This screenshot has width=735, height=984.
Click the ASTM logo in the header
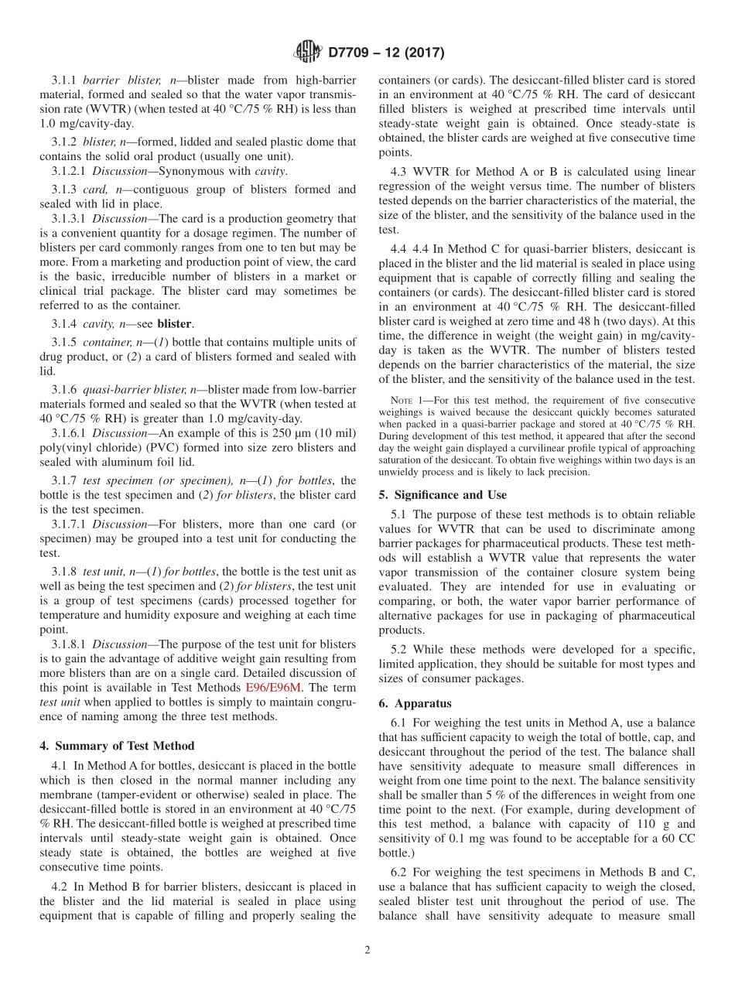[x=308, y=53]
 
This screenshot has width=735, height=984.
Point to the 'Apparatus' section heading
[x=423, y=703]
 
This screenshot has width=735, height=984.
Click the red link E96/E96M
[x=273, y=686]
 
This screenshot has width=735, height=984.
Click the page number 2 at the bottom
[x=367, y=950]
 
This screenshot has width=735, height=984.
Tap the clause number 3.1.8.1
[x=69, y=644]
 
